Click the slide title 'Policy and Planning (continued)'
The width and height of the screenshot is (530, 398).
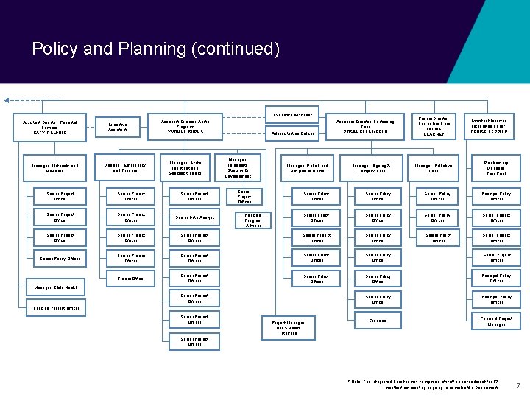point(156,49)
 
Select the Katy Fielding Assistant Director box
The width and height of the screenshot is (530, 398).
point(50,127)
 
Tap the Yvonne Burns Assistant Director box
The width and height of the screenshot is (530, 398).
point(188,126)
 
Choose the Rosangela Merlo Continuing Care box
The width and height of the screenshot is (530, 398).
point(365,127)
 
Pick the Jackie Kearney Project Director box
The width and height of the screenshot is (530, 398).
point(434,126)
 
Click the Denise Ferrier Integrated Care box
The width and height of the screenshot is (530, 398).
point(489,126)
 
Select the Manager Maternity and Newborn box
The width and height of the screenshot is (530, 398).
point(55,167)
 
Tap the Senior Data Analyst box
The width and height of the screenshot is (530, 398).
point(194,217)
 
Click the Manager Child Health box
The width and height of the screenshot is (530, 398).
point(55,287)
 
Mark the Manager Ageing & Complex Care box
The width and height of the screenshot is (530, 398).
point(372,167)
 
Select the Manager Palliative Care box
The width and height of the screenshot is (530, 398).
point(434,167)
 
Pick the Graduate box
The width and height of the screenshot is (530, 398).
point(378,321)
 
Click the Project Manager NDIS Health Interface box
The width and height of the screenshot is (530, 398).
point(288,327)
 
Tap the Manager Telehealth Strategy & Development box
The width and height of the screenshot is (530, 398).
point(238,167)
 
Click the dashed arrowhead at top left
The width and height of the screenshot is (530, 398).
point(7,99)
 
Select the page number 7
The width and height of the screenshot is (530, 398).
point(518,385)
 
